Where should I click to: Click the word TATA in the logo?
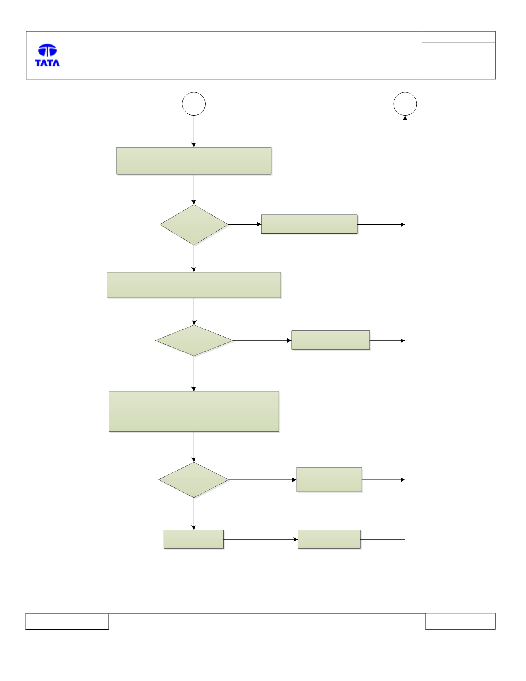47,63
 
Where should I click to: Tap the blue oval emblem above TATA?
47,50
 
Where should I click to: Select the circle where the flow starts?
194,104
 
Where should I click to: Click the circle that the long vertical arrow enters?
405,104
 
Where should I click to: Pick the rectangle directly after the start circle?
194,161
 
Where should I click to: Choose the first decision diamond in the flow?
194,225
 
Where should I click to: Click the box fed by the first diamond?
309,224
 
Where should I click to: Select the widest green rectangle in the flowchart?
194,285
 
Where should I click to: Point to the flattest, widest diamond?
194,341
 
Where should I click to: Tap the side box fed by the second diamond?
331,340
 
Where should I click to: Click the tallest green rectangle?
194,411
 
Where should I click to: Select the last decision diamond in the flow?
194,480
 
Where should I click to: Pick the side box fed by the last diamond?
329,480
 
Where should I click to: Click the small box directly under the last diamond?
193,539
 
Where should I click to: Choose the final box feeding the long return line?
329,539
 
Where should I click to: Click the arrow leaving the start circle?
194,131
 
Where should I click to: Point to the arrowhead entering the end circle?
405,118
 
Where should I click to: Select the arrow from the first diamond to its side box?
245,225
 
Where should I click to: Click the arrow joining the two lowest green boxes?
261,539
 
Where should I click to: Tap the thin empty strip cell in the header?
458,37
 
